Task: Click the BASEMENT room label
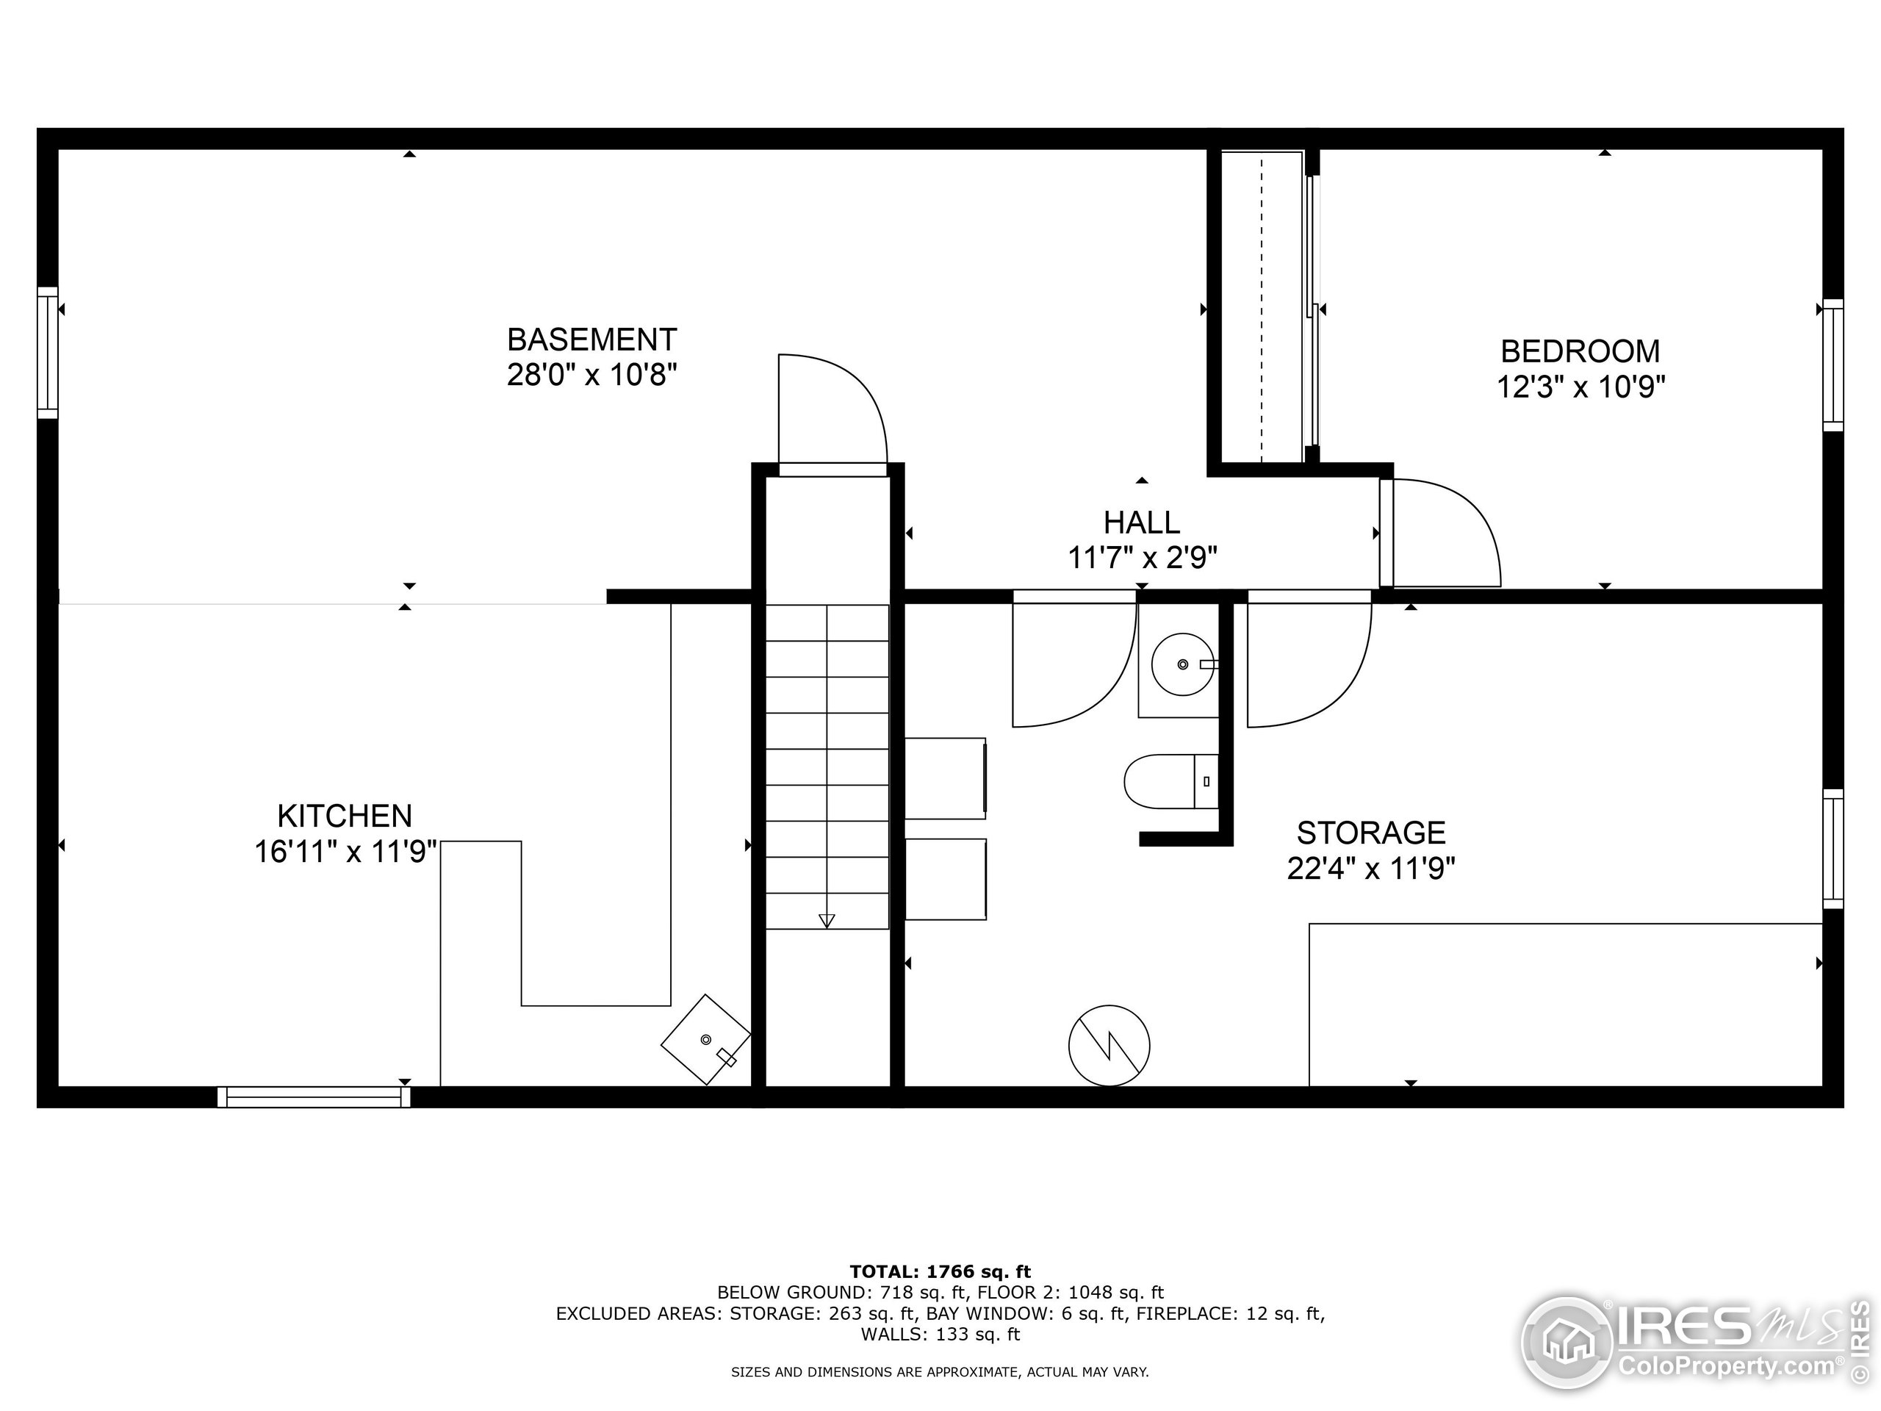click(591, 340)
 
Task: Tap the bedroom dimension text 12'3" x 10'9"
click(1580, 387)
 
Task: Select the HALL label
click(1141, 521)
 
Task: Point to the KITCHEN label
click(345, 816)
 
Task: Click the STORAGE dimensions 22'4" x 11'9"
click(1371, 869)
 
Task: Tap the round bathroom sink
click(1183, 664)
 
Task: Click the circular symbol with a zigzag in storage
click(1109, 1045)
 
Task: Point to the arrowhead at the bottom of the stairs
click(827, 921)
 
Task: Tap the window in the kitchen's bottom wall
click(314, 1097)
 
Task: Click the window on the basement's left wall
click(48, 352)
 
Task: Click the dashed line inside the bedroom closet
click(1262, 306)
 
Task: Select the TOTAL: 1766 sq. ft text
click(940, 1271)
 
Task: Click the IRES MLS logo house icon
click(1566, 1343)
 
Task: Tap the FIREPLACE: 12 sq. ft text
click(1245, 1313)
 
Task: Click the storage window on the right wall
click(1833, 849)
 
